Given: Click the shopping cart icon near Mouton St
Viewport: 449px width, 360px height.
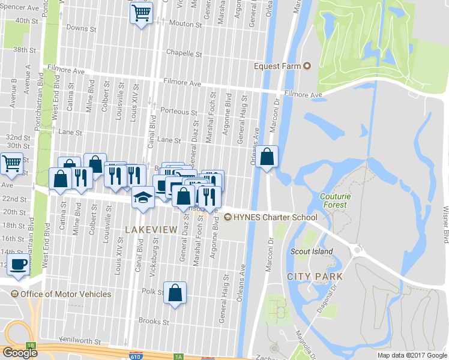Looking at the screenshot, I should click(140, 12).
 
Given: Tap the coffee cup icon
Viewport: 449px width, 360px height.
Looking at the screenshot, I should click(19, 264).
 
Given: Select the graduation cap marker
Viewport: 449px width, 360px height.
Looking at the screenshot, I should click(143, 197).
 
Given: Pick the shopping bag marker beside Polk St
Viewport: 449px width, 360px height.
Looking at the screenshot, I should click(175, 293).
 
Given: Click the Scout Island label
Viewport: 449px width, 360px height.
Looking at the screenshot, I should click(311, 251).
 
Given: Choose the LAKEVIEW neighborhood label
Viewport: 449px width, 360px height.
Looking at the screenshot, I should click(151, 230).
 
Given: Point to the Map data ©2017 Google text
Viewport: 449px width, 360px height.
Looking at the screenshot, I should click(411, 355).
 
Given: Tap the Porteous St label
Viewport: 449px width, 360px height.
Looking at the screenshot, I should click(179, 112).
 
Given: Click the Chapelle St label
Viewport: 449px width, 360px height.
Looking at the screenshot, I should click(182, 52).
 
